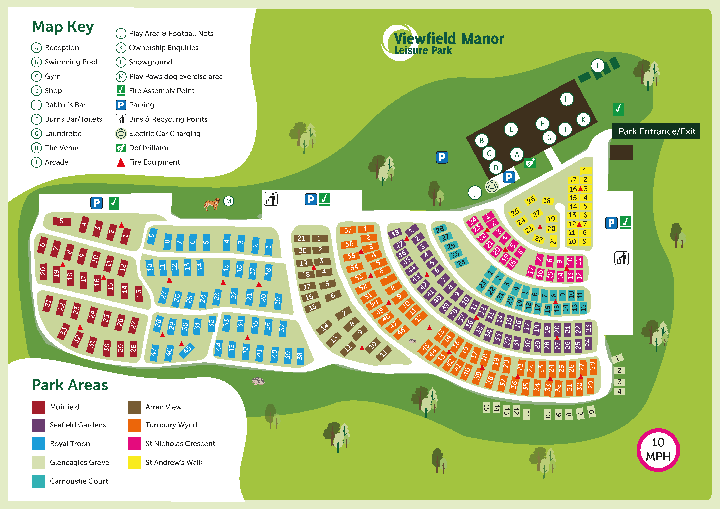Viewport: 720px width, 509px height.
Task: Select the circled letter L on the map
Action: [x=598, y=66]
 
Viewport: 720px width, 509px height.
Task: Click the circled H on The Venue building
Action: [x=567, y=99]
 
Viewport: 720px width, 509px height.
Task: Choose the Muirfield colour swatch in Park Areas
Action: [x=38, y=407]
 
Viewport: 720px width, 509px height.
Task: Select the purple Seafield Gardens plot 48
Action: [x=395, y=233]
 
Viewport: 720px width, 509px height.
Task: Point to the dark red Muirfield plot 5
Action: [x=62, y=221]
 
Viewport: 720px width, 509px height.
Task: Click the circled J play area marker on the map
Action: [x=475, y=193]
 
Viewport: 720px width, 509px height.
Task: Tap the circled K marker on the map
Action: [x=583, y=119]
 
